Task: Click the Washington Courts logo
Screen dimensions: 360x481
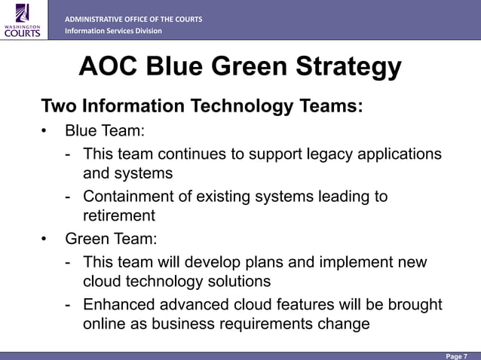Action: [23, 19]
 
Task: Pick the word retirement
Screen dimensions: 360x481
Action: [118, 216]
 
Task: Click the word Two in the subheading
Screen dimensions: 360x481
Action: [58, 105]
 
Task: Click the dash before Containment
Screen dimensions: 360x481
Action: [69, 197]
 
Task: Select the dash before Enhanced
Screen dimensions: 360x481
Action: [69, 306]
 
